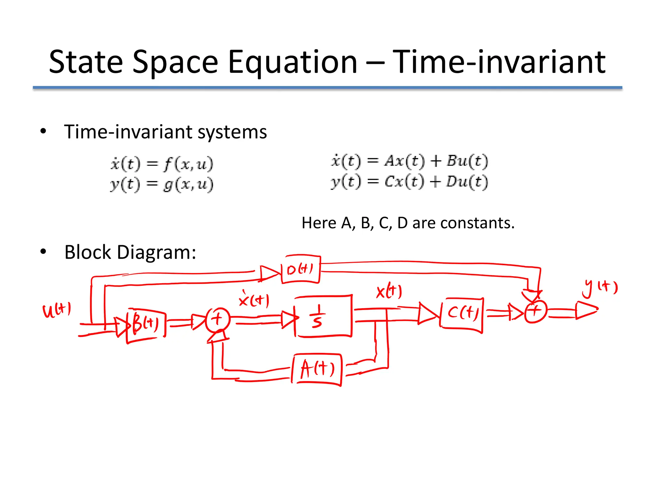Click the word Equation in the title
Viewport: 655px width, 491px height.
[292, 62]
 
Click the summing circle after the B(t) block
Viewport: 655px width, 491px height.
[218, 319]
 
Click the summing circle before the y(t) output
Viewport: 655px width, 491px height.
[536, 311]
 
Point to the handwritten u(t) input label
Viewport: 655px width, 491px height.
[57, 310]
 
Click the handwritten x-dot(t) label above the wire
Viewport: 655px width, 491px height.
[254, 300]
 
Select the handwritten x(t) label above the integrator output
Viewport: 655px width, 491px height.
[389, 291]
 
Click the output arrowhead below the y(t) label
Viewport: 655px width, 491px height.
[586, 310]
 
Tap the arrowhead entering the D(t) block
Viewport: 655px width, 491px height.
[269, 274]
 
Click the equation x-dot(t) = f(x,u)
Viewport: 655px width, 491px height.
[162, 164]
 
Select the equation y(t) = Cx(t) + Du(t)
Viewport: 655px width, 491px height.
[409, 182]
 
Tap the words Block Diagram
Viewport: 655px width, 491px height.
[130, 253]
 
